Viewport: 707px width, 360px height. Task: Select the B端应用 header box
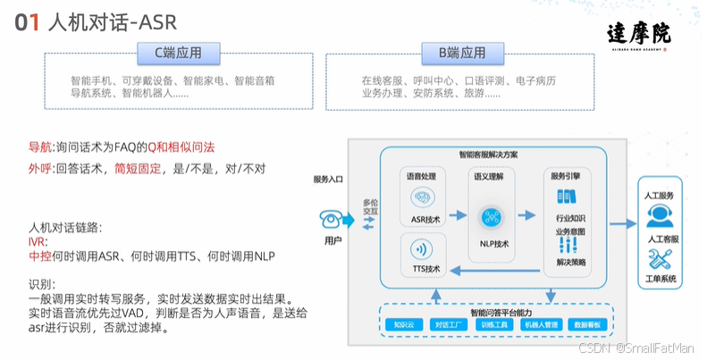pyautogui.click(x=461, y=54)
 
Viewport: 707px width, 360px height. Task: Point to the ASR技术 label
pyautogui.click(x=425, y=220)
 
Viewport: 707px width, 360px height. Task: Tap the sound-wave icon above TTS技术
pyautogui.click(x=425, y=249)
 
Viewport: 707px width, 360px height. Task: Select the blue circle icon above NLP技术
pyautogui.click(x=494, y=216)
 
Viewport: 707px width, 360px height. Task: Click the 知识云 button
pyautogui.click(x=403, y=324)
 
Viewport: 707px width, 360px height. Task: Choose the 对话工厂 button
pyautogui.click(x=449, y=324)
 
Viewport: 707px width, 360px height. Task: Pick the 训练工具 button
pyautogui.click(x=495, y=324)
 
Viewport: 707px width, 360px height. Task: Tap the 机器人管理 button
pyautogui.click(x=543, y=324)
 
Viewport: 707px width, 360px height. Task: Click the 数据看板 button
pyautogui.click(x=591, y=324)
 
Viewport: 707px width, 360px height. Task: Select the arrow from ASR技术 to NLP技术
pyautogui.click(x=458, y=215)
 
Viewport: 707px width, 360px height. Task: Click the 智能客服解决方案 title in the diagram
pyautogui.click(x=494, y=155)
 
